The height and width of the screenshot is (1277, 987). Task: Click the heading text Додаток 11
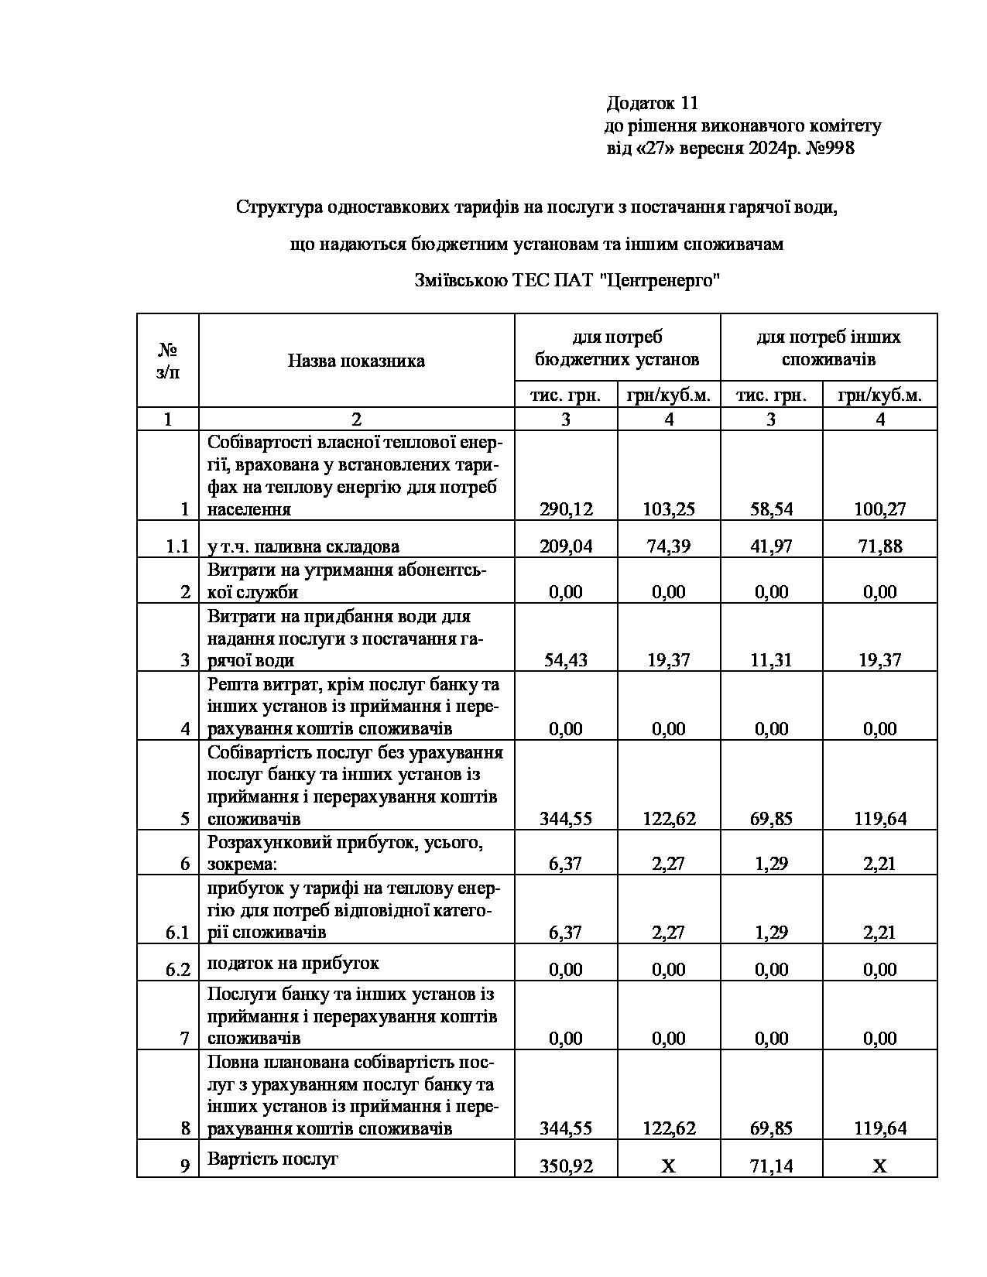click(653, 103)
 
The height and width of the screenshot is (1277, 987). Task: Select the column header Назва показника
click(356, 361)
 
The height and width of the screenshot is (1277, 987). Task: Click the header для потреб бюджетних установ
click(617, 348)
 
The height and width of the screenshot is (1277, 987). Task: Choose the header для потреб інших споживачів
click(828, 348)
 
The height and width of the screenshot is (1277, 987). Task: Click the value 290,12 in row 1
click(566, 509)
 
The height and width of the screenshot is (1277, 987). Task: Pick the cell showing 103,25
click(669, 509)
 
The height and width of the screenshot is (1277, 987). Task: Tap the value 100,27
click(880, 509)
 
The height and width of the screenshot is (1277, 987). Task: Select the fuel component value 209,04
click(566, 546)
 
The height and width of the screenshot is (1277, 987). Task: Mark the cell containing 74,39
click(669, 546)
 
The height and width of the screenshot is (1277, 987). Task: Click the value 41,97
click(771, 546)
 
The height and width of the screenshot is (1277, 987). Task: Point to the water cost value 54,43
click(566, 660)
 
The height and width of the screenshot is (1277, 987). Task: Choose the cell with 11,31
click(771, 660)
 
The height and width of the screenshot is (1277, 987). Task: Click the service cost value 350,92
click(566, 1166)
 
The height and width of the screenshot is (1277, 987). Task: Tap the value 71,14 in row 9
click(771, 1166)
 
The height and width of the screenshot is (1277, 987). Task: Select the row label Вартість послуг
click(273, 1159)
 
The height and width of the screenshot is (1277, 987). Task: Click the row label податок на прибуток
click(293, 964)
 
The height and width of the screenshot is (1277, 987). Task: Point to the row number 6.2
click(178, 970)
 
